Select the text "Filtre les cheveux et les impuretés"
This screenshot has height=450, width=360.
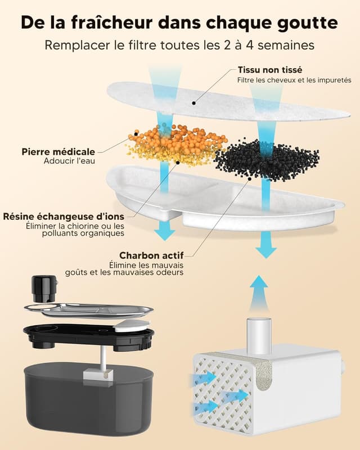pos(294,80)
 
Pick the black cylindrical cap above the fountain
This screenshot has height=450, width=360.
pos(44,288)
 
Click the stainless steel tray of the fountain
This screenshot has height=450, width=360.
pos(90,310)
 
